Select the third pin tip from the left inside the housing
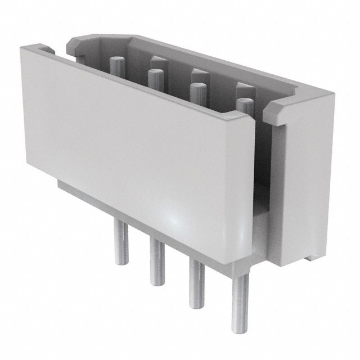click(x=196, y=87)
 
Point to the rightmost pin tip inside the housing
click(x=243, y=102)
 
